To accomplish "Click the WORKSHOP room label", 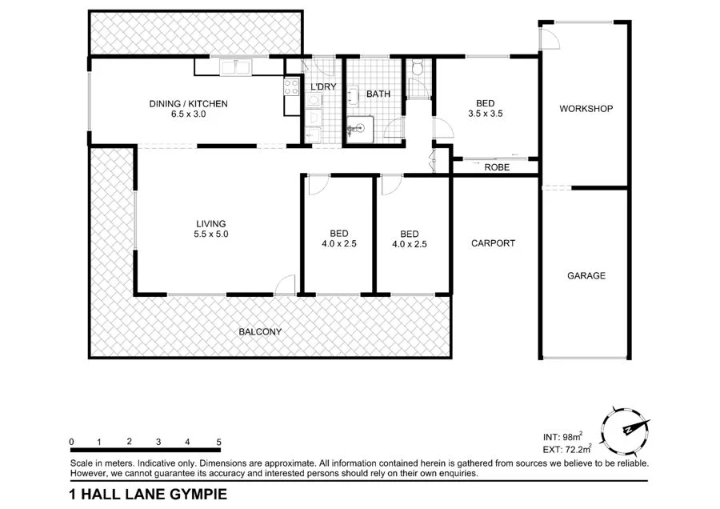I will [586, 109].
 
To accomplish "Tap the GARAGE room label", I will [586, 276].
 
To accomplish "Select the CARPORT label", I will [493, 243].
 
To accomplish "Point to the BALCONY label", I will [260, 331].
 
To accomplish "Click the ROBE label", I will [496, 167].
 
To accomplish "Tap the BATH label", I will [378, 94].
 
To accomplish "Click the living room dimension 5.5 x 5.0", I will [212, 235].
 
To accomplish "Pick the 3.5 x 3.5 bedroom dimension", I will [485, 114].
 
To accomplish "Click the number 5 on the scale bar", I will [218, 442].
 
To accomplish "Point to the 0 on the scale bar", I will [72, 442].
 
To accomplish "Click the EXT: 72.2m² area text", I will [567, 450].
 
